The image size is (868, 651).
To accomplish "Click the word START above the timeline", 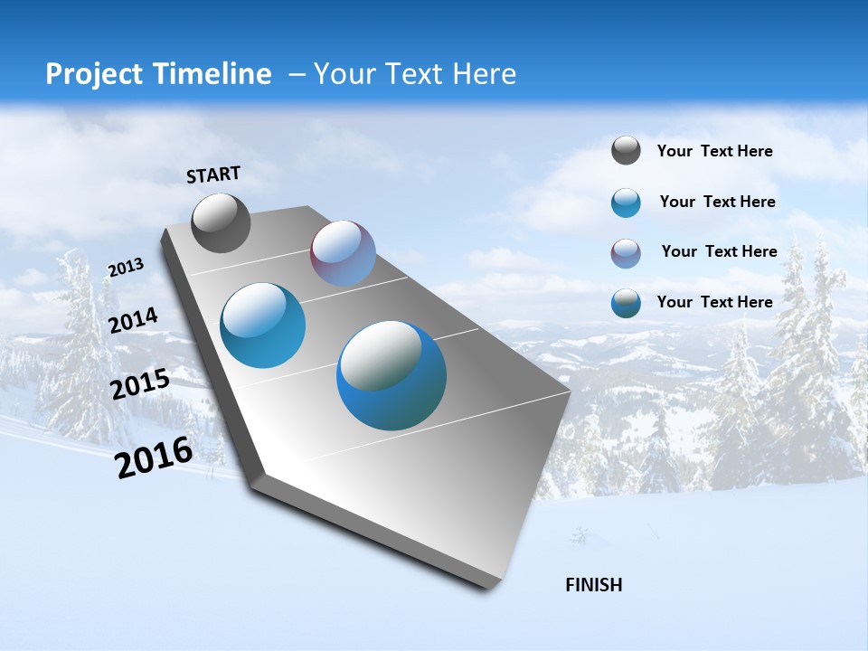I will tap(213, 175).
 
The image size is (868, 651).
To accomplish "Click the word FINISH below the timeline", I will tap(594, 585).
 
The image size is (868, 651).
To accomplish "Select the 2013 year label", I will tap(126, 268).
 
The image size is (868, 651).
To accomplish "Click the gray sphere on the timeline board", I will tap(221, 223).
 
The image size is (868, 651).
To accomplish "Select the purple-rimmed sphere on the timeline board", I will tap(343, 253).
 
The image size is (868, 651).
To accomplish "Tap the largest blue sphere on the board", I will tap(392, 375).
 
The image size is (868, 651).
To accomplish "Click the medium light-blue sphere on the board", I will tap(263, 325).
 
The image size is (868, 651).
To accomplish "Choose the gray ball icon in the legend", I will tap(626, 151).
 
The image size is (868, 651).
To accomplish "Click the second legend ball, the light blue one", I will tap(626, 203).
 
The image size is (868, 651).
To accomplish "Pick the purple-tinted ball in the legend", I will tap(626, 253).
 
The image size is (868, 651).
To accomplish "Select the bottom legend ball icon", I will tap(626, 303).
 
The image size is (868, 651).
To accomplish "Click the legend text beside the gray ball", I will tap(714, 152).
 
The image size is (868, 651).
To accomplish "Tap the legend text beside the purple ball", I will tap(719, 251).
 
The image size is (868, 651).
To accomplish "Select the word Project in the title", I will tap(93, 74).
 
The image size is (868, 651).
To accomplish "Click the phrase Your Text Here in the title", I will tap(415, 74).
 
